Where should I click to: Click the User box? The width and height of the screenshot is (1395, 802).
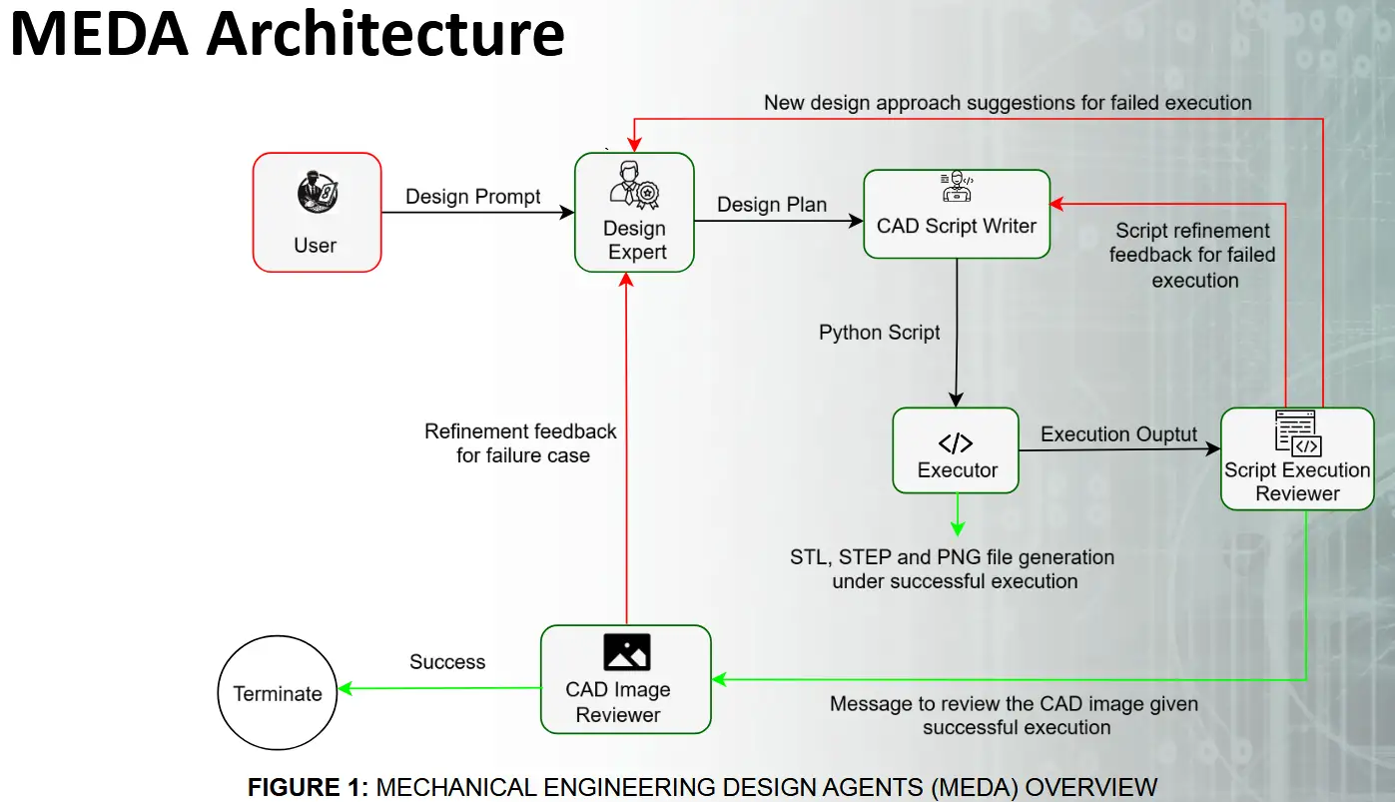tap(317, 213)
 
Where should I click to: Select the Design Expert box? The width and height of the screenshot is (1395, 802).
tap(634, 212)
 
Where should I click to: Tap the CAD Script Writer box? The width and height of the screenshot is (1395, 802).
tap(957, 215)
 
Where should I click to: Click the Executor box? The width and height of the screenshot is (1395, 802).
tap(956, 450)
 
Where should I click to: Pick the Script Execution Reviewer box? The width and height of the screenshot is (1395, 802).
tap(1297, 459)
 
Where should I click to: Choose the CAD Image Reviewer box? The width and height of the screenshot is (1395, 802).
tap(625, 679)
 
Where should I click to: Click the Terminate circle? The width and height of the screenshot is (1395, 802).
tap(278, 693)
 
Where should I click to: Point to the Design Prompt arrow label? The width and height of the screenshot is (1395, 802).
tap(473, 197)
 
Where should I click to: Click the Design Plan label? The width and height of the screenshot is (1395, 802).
tap(772, 205)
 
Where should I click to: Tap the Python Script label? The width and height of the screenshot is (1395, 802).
tap(880, 333)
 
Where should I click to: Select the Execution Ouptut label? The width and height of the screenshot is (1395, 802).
tap(1118, 434)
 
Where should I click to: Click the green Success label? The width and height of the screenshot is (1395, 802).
tap(447, 662)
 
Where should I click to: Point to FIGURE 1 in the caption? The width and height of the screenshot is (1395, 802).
tap(308, 787)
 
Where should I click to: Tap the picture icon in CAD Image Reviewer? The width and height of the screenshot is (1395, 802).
tap(627, 652)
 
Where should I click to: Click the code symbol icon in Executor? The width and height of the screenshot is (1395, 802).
tap(956, 443)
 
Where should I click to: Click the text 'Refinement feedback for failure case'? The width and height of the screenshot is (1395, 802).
tap(521, 443)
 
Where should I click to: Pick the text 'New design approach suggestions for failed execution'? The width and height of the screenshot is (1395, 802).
tap(1008, 102)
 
